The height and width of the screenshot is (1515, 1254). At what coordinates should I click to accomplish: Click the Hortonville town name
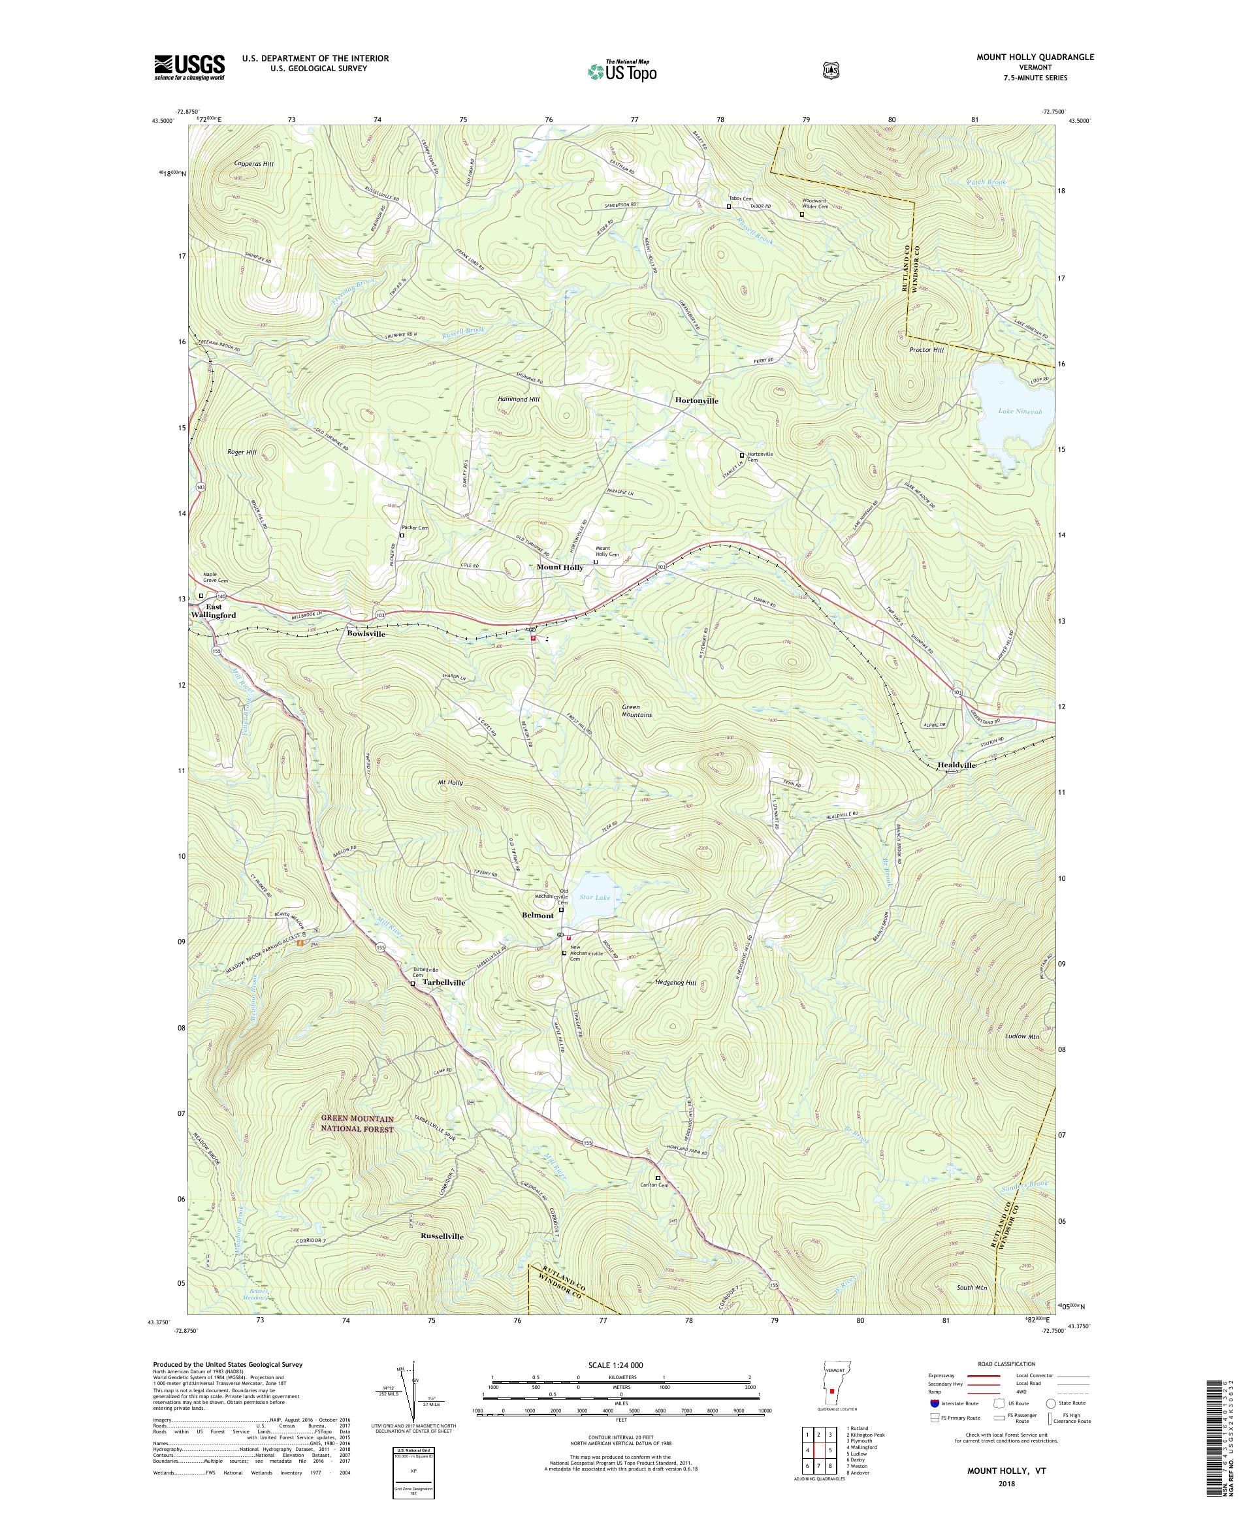coord(696,400)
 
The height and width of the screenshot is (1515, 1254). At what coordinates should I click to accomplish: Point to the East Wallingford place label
coord(212,611)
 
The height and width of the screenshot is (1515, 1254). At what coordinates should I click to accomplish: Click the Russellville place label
coord(442,1236)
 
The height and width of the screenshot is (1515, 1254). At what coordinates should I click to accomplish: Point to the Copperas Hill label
coord(254,165)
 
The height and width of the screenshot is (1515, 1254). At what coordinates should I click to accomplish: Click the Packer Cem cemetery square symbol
coord(402,536)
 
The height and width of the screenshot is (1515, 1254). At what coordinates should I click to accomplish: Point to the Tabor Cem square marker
coord(729,206)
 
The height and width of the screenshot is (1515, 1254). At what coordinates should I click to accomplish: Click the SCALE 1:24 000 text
coord(620,1365)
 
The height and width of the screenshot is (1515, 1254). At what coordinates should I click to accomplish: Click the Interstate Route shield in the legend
coord(935,1403)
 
